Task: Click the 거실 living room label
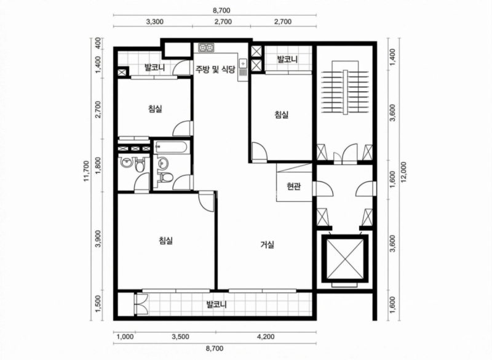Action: tap(268, 244)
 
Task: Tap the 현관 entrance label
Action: tap(294, 186)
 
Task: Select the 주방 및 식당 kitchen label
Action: tap(215, 69)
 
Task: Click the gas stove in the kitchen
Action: tap(206, 47)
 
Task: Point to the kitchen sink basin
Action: tap(243, 64)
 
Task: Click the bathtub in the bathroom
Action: tap(172, 146)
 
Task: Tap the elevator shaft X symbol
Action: tap(344, 258)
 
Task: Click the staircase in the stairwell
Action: tap(345, 93)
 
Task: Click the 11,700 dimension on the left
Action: tap(87, 171)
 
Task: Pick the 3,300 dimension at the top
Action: tap(155, 22)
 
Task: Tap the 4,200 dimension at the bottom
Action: tap(266, 337)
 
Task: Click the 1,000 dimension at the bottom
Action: tap(125, 337)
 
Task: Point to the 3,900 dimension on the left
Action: tap(98, 239)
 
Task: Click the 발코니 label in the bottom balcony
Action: tap(216, 304)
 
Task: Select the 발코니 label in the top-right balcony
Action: tap(287, 58)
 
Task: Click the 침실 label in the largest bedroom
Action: tap(165, 241)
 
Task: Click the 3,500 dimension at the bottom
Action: tap(180, 337)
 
